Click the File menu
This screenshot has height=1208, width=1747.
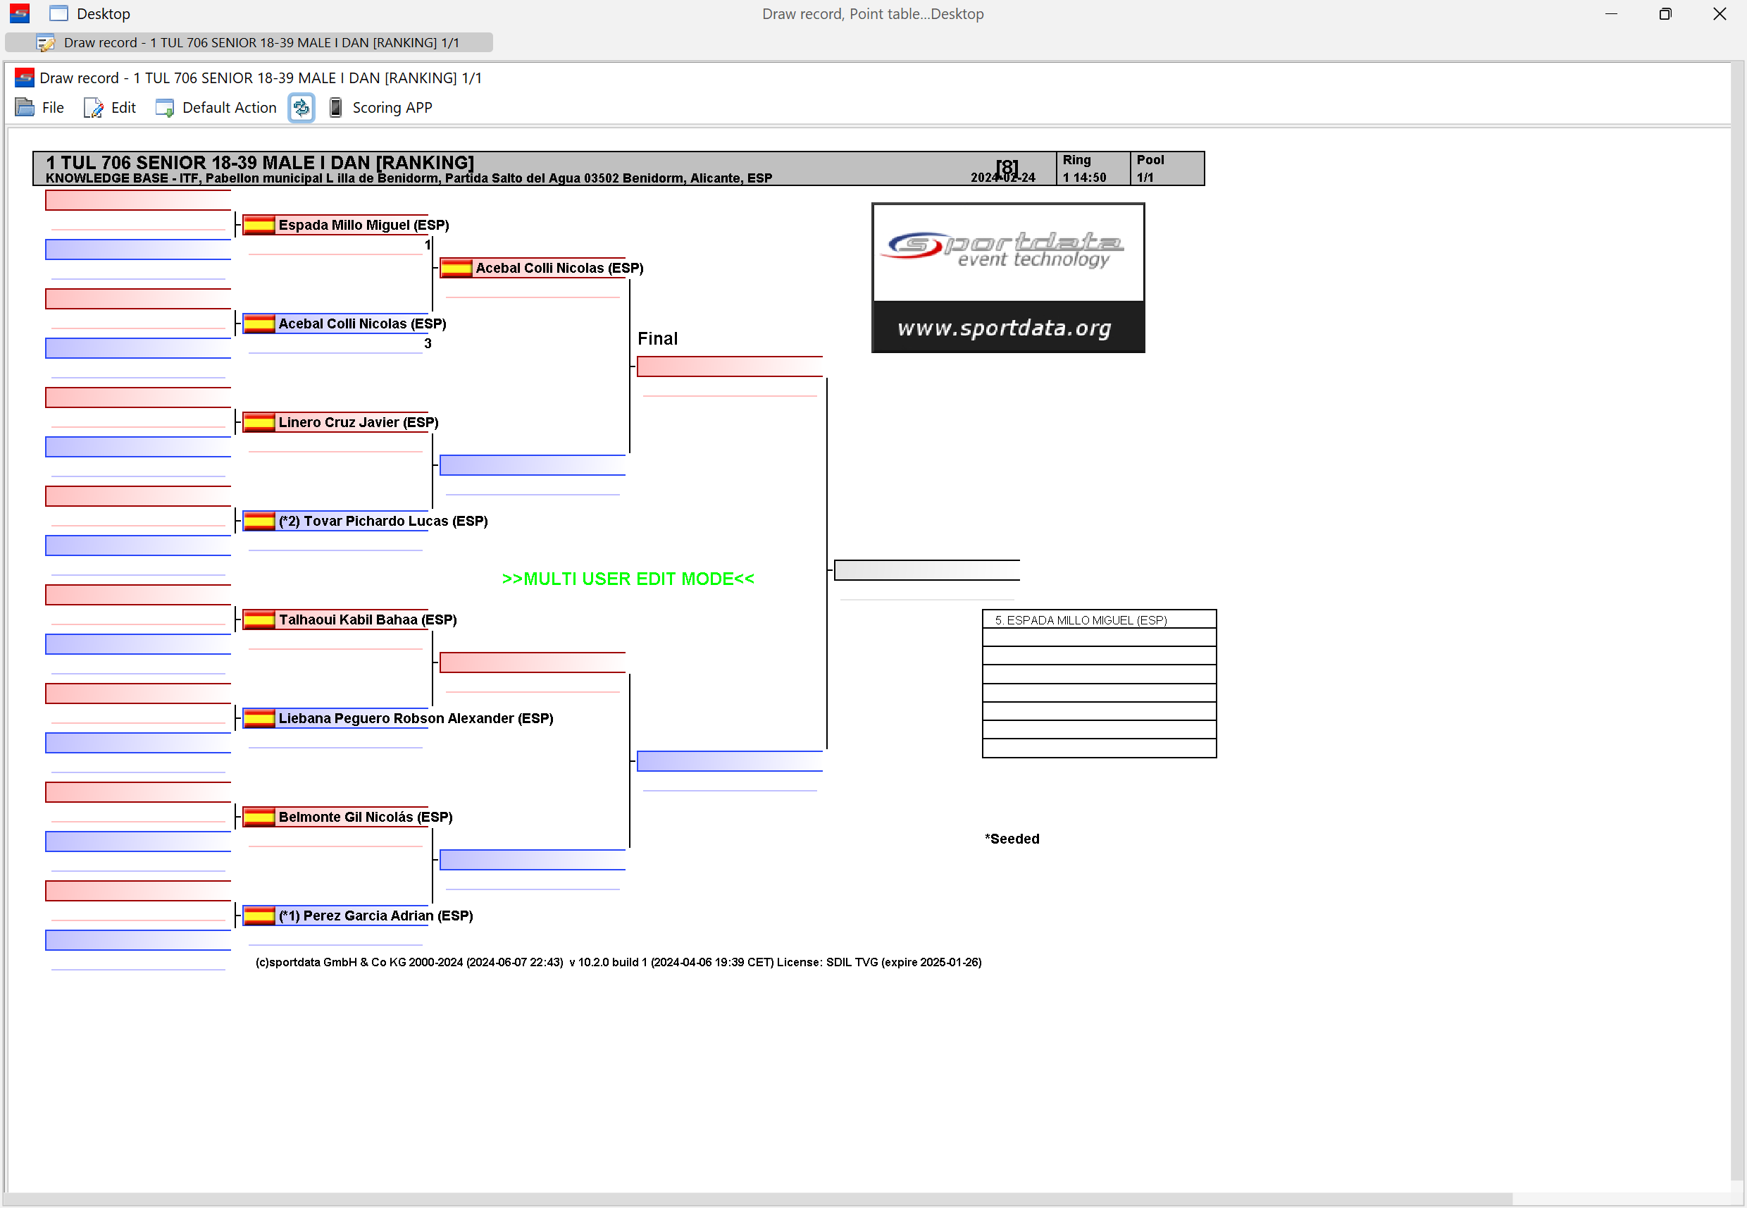point(39,107)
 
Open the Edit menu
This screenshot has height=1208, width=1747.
point(110,107)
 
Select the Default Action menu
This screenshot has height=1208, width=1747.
point(216,107)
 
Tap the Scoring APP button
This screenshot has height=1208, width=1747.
point(380,107)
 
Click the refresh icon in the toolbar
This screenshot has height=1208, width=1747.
point(301,107)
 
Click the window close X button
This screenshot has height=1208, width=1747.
point(1719,13)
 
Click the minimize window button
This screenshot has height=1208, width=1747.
point(1611,13)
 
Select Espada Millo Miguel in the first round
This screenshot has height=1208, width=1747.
point(363,225)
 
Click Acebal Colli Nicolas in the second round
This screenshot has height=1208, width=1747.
point(559,268)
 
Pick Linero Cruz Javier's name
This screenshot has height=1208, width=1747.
point(358,422)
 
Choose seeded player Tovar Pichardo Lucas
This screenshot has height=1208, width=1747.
point(383,521)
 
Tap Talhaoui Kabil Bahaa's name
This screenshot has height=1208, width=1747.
point(368,620)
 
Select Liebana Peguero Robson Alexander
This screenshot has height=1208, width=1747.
point(416,718)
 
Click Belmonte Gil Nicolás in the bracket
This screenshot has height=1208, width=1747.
point(366,817)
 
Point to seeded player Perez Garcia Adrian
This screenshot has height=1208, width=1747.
point(375,916)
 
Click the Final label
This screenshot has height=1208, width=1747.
point(657,338)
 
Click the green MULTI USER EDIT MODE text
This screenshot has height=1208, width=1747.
point(627,579)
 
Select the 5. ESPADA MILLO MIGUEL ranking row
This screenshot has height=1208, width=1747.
point(1099,620)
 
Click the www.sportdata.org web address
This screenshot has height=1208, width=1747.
point(1004,328)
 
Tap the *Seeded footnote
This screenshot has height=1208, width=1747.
point(1012,839)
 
